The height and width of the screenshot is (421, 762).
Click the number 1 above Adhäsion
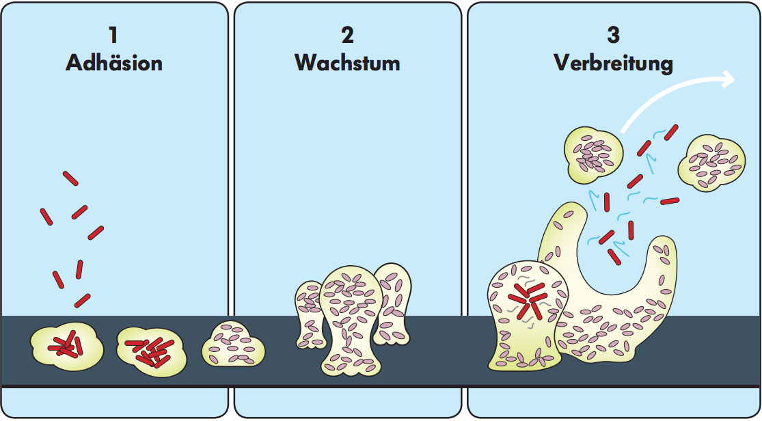(113, 36)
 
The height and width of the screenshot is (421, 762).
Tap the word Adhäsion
(114, 63)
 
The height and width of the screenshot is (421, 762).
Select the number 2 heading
(347, 36)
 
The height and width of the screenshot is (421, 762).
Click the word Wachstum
(347, 63)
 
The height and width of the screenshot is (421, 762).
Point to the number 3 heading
(613, 36)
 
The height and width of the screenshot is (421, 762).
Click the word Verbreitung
(613, 64)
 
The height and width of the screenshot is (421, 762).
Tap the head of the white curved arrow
(727, 80)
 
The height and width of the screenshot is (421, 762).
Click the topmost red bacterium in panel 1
(70, 178)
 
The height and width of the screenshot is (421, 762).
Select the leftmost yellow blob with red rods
(67, 347)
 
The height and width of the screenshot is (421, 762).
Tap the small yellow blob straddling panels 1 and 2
(233, 344)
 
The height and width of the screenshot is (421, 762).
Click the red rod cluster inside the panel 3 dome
(528, 300)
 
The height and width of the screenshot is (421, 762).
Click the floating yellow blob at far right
(711, 163)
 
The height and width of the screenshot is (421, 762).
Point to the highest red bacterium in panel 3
(671, 132)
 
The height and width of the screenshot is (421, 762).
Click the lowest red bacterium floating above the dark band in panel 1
(83, 301)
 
